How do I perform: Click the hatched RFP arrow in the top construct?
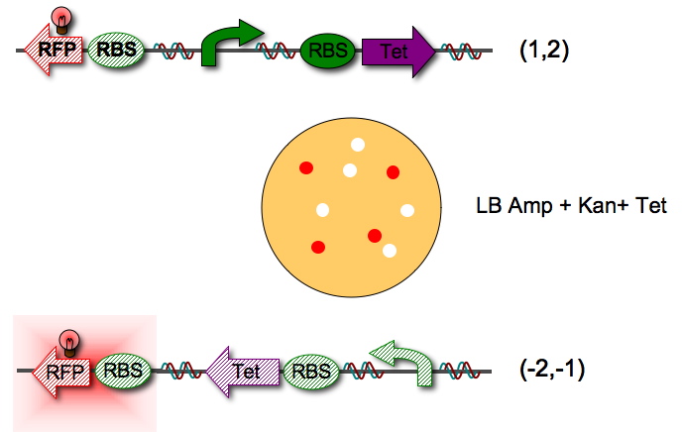point(51,48)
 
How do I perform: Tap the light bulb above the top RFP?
point(62,18)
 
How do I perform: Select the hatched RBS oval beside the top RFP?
point(117,48)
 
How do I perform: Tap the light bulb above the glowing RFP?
point(69,342)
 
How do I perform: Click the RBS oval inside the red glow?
point(125,372)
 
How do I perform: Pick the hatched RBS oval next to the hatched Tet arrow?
point(312,372)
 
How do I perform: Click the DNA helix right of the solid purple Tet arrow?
point(459,48)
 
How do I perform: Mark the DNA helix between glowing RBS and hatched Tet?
point(179,372)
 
